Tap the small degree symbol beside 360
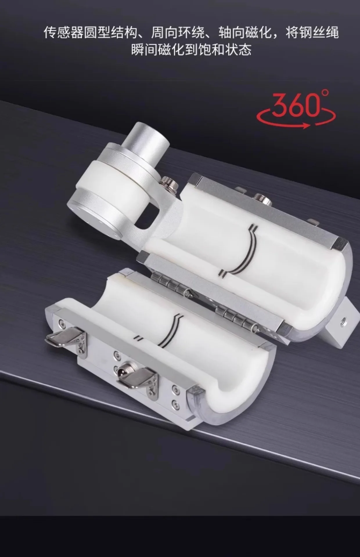(x=325, y=93)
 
